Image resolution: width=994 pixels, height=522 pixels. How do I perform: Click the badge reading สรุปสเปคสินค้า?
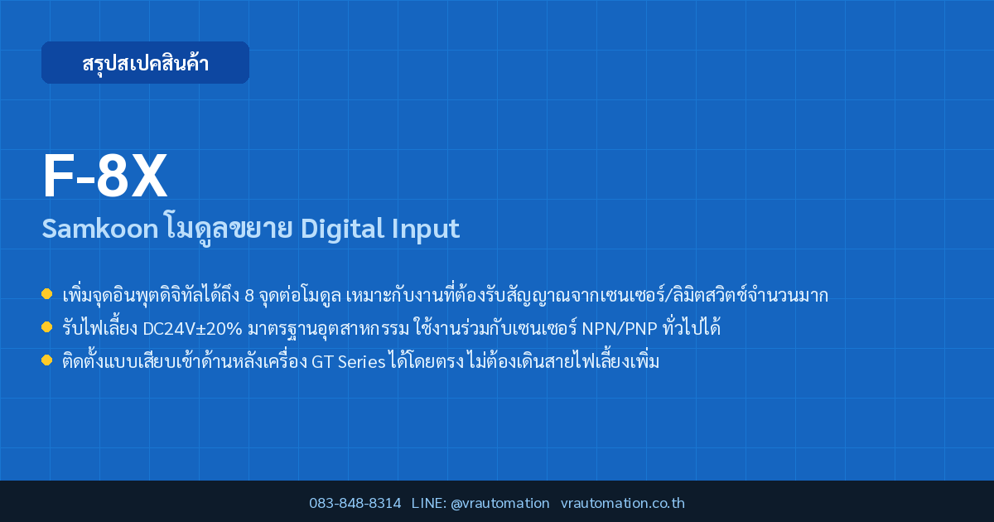pyautogui.click(x=145, y=63)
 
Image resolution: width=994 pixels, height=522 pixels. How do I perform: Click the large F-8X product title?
pyautogui.click(x=104, y=176)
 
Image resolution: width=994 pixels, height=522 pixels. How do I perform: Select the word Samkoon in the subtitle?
pyautogui.click(x=100, y=229)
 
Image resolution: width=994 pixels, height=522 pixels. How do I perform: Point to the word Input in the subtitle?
pyautogui.click(x=426, y=230)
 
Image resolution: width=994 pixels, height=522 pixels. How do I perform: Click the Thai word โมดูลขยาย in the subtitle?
pyautogui.click(x=229, y=228)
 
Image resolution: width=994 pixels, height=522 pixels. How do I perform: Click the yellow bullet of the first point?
pyautogui.click(x=46, y=294)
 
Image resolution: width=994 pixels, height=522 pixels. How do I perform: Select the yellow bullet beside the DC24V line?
pyautogui.click(x=46, y=327)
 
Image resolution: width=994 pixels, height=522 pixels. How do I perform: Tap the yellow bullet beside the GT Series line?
pyautogui.click(x=46, y=360)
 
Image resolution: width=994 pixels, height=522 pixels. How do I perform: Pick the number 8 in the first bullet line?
pyautogui.click(x=249, y=296)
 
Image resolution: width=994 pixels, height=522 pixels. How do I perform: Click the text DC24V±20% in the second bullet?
pyautogui.click(x=192, y=329)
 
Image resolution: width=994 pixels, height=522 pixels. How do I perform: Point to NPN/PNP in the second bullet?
pyautogui.click(x=620, y=329)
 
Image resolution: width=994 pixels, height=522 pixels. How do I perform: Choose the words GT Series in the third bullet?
pyautogui.click(x=349, y=362)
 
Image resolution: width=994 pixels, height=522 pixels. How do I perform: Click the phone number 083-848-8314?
pyautogui.click(x=355, y=503)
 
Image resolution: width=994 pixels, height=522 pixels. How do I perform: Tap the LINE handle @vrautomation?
pyautogui.click(x=500, y=503)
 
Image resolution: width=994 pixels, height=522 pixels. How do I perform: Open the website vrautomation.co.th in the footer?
pyautogui.click(x=623, y=503)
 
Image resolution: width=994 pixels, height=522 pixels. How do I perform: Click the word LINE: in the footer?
pyautogui.click(x=429, y=503)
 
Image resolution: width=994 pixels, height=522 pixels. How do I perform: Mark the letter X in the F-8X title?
pyautogui.click(x=149, y=176)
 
